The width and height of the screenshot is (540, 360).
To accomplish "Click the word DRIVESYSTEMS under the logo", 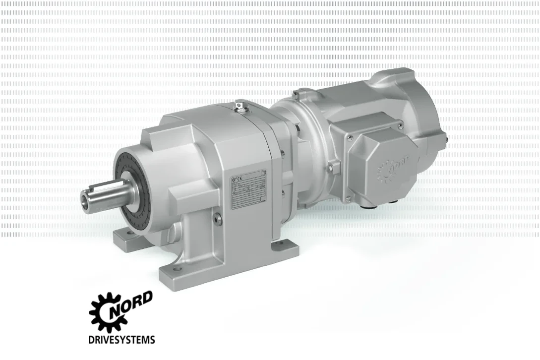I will (x=121, y=340).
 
